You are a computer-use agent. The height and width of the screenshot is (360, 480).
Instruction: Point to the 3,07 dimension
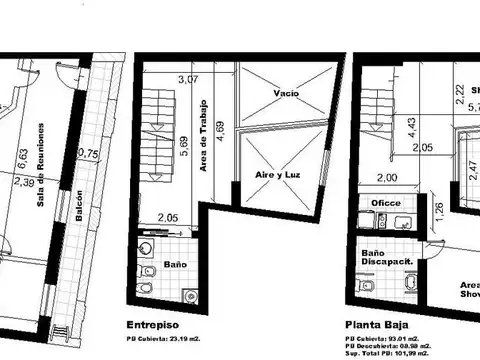click(187, 79)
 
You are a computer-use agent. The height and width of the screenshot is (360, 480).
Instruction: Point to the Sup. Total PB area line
click(389, 352)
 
